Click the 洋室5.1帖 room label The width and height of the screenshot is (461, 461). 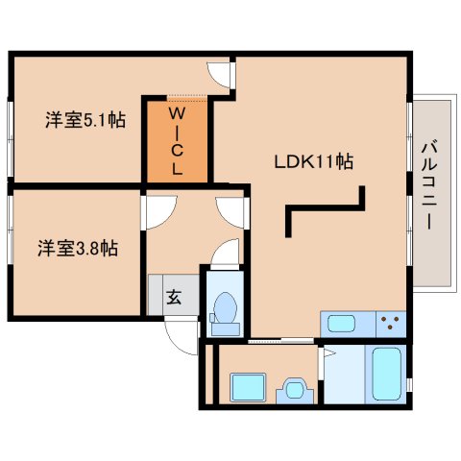click(x=85, y=120)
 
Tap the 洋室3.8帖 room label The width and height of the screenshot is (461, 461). click(x=78, y=248)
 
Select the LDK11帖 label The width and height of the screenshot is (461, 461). click(x=314, y=161)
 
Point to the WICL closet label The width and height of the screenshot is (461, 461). click(x=177, y=141)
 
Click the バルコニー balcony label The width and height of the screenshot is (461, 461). click(x=429, y=185)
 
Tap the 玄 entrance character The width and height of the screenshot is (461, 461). click(x=174, y=297)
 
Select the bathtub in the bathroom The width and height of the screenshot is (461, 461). click(x=387, y=374)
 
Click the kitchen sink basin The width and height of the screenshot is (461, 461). click(x=341, y=324)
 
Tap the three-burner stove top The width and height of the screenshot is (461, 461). click(x=391, y=324)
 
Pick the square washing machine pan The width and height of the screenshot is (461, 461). click(x=248, y=387)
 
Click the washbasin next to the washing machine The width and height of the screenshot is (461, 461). click(x=295, y=390)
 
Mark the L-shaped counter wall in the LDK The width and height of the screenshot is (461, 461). click(x=325, y=208)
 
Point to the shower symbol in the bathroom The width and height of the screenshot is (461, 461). click(x=329, y=352)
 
